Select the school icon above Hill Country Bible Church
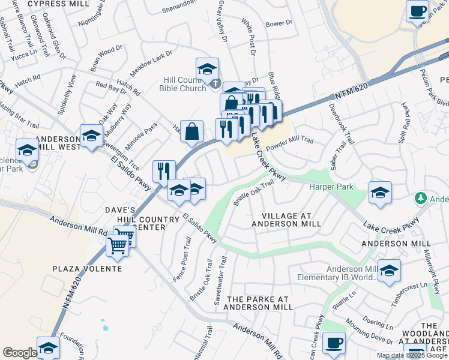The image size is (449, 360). (207, 70)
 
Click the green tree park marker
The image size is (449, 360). (421, 199)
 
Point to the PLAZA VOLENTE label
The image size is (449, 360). (87, 268)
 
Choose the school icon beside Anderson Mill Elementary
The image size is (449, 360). (389, 272)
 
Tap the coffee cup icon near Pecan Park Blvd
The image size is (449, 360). (417, 11)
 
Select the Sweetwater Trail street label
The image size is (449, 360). (220, 281)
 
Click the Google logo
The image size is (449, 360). (19, 353)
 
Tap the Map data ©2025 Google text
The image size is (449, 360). (411, 355)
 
